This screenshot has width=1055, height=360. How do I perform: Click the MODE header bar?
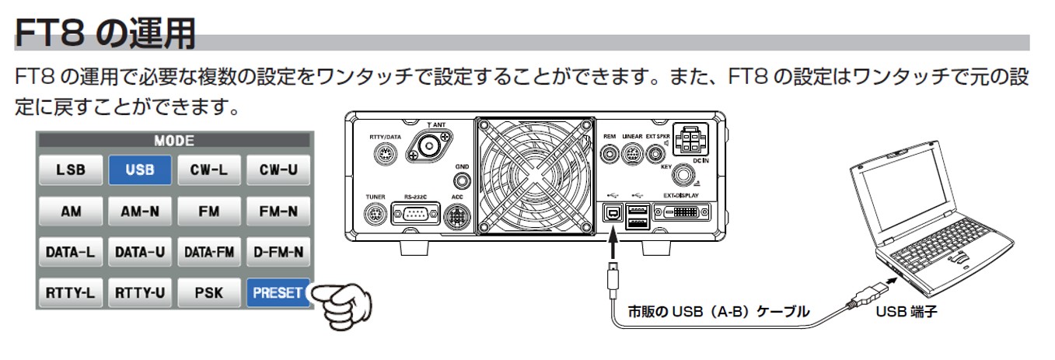174,142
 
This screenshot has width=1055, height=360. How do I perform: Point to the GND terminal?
463,181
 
